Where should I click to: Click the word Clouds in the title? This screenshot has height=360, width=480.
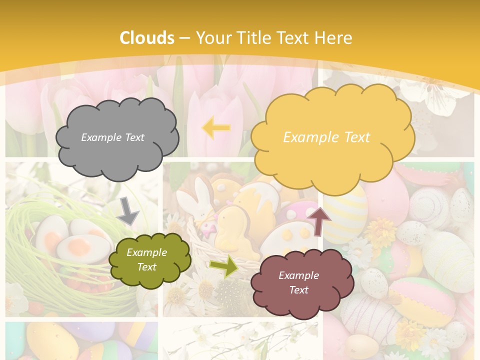tap(147, 38)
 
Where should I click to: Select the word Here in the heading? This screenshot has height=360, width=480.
tap(333, 38)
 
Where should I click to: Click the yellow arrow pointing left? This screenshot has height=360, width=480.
tap(216, 128)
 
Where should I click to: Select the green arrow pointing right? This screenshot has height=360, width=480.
tap(223, 266)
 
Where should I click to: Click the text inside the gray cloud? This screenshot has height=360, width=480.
tap(112, 137)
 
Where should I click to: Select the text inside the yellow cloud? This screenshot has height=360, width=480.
tap(326, 137)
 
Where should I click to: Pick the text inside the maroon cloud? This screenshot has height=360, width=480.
tap(298, 282)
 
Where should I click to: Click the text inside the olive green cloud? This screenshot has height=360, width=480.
tap(146, 259)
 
